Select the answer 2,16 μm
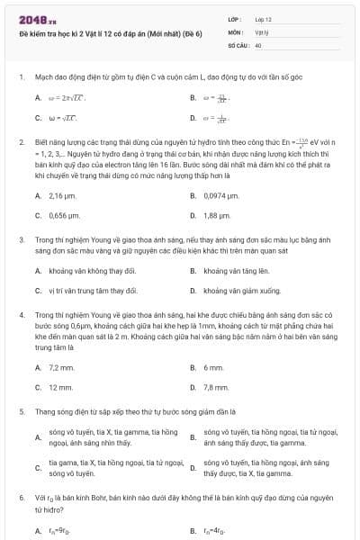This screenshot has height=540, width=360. [x=61, y=195]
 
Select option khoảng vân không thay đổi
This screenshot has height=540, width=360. [x=92, y=271]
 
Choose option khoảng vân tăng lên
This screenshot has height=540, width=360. [x=236, y=271]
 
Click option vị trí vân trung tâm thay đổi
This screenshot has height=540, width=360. [x=94, y=291]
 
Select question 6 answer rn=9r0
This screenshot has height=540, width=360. [x=59, y=530]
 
